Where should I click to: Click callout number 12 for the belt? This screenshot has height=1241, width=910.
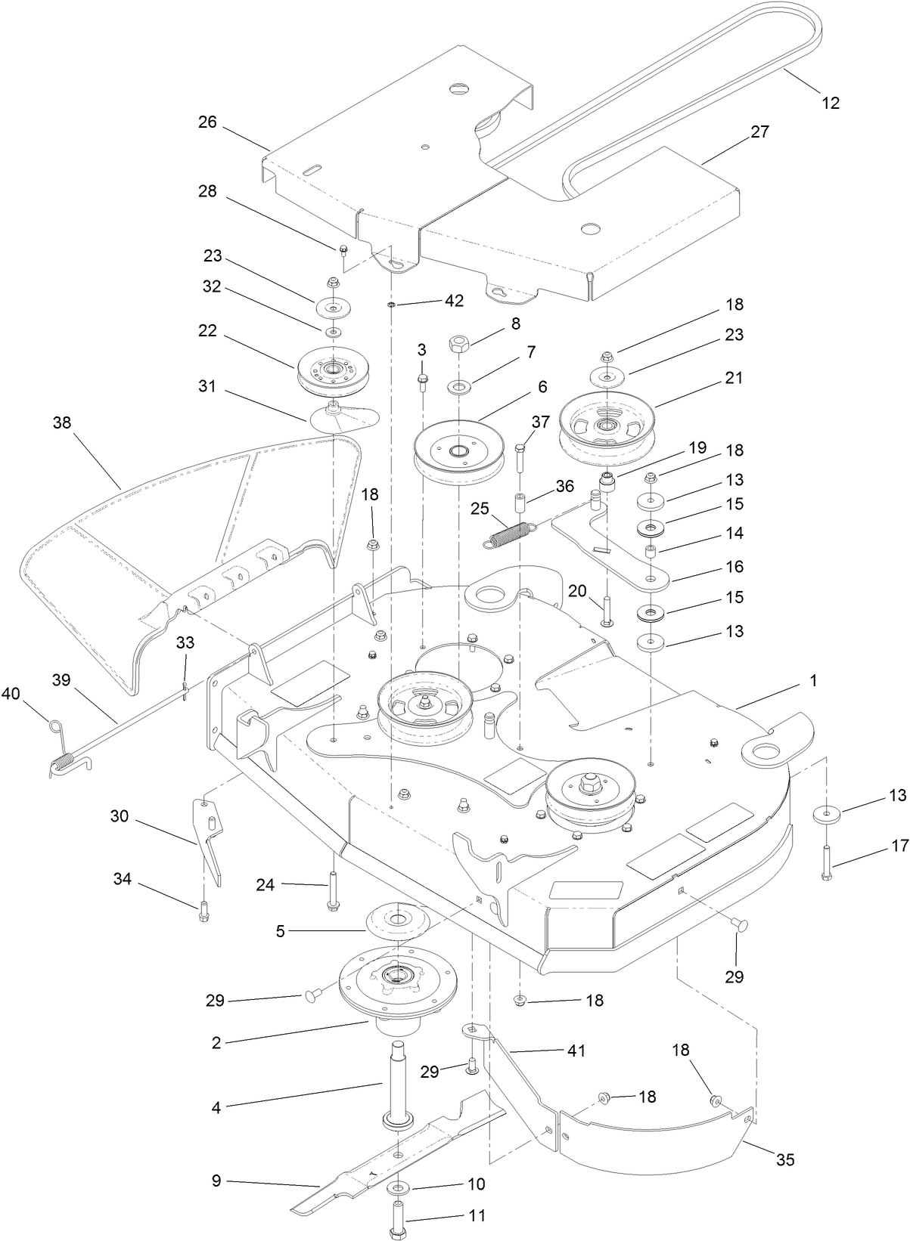pos(831,103)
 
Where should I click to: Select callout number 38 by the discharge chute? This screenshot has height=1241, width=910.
pos(62,422)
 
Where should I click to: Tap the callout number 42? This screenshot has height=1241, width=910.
pos(454,300)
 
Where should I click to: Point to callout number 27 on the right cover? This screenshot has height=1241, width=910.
pos(759,132)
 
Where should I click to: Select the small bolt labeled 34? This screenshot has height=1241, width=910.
pos(203,913)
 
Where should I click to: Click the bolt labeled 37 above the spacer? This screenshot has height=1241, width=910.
pos(520,457)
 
